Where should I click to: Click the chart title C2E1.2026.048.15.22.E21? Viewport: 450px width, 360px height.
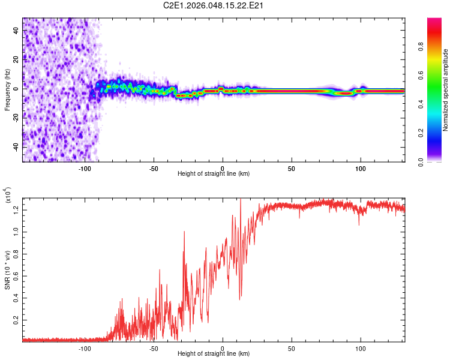[214, 5]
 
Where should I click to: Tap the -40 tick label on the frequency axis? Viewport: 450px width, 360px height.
[15, 146]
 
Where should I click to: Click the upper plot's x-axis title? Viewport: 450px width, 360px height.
[214, 174]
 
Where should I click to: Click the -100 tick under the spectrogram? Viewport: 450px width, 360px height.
[85, 169]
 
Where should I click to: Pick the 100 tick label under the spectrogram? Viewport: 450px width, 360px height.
[361, 169]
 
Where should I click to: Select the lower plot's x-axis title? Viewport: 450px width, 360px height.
[214, 354]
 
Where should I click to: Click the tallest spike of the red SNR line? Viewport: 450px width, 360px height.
[241, 200]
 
